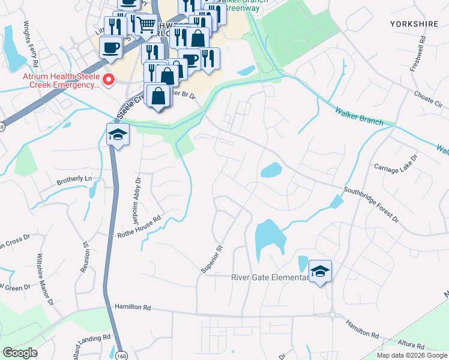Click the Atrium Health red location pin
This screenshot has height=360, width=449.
tap(109, 80)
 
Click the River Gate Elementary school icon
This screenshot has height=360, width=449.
tap(320, 272)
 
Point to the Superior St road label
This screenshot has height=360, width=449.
tap(212, 259)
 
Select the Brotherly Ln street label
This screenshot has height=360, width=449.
tap(74, 179)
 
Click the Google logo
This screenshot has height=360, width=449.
tap(20, 353)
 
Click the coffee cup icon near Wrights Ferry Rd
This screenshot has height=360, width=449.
tap(111, 47)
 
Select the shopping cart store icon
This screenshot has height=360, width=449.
tap(146, 26)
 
